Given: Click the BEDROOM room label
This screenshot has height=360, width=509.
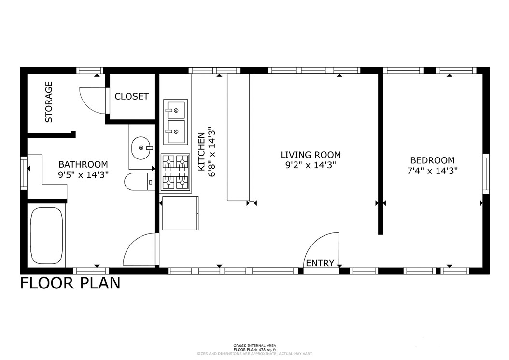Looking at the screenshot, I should click(x=432, y=160).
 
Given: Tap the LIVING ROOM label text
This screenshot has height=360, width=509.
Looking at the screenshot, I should click(x=311, y=155).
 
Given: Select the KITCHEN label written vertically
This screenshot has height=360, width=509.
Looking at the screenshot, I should click(x=201, y=151).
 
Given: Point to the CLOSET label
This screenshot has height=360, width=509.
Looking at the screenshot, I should click(x=132, y=96).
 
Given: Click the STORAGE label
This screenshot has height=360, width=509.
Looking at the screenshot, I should click(x=49, y=102).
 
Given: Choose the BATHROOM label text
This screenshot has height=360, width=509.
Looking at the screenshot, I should click(x=83, y=164).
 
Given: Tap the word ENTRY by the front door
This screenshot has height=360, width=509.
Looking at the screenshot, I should click(x=320, y=263).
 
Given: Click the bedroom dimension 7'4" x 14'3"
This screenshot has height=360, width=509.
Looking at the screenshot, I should click(x=432, y=171).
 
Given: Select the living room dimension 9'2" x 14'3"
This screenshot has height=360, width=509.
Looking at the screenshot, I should click(x=311, y=165).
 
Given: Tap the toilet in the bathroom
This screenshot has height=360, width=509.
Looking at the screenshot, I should click(x=139, y=182).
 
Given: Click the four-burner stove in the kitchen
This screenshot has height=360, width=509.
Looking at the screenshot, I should click(x=175, y=171).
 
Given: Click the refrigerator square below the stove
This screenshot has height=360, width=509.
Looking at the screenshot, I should click(x=180, y=213).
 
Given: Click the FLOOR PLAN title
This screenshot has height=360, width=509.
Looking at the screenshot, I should click(x=70, y=282).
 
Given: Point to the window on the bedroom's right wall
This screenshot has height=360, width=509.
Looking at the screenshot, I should click(x=486, y=173).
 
